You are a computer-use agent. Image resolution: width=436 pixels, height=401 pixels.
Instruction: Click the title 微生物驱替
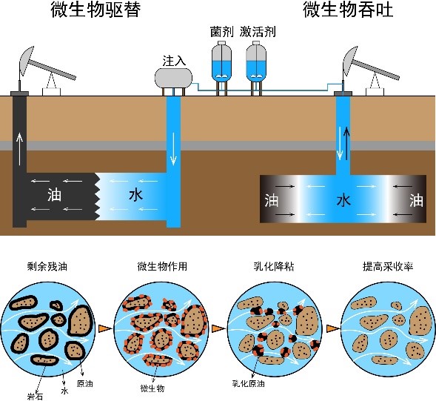click(x=95, y=10)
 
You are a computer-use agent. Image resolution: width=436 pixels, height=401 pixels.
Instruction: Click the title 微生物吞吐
click(x=348, y=10)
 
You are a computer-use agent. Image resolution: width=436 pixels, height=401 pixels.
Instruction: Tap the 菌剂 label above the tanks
click(x=221, y=32)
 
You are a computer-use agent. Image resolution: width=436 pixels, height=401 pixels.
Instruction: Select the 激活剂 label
click(x=258, y=32)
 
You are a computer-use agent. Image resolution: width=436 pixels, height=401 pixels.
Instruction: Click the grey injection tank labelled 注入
click(x=173, y=77)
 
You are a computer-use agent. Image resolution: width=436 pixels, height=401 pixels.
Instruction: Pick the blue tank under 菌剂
click(x=221, y=62)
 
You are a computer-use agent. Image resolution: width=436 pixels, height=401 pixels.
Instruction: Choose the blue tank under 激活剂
click(x=256, y=62)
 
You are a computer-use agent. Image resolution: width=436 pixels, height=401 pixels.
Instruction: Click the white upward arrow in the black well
click(x=19, y=149)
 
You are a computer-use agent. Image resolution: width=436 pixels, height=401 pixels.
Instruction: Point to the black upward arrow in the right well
click(x=346, y=143)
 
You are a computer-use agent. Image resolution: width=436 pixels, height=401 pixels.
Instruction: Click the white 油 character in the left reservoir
click(x=54, y=195)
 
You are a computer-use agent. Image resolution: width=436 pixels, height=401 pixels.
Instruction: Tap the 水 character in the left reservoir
click(x=135, y=195)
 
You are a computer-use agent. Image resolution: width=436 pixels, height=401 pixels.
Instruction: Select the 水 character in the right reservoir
click(x=343, y=200)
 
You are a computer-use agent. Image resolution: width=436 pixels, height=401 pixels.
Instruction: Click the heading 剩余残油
click(x=47, y=267)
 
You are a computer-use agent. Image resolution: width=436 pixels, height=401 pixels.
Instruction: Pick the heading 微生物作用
click(x=162, y=267)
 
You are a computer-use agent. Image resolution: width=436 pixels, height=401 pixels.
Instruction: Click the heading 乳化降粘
click(x=274, y=267)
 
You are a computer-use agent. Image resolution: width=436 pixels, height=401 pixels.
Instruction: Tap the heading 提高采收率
click(x=388, y=267)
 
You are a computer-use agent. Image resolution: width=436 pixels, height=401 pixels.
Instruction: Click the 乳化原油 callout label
click(x=248, y=384)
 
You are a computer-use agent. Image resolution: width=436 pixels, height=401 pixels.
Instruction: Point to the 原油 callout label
click(x=85, y=384)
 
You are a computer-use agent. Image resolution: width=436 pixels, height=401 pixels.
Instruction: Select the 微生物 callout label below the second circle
click(x=152, y=388)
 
